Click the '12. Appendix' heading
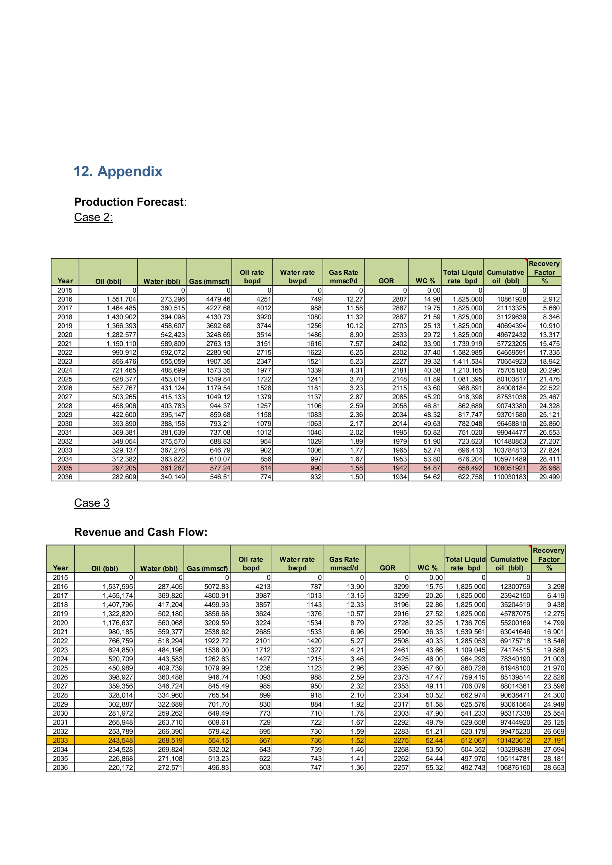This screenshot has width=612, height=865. (118, 171)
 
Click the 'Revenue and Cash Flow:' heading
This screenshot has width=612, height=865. (140, 532)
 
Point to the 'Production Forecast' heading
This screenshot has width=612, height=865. (129, 202)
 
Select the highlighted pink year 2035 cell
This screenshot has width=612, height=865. (65, 468)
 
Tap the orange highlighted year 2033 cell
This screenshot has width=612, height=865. (60, 740)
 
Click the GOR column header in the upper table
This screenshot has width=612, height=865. (386, 281)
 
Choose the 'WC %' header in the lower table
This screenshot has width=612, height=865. (427, 568)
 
